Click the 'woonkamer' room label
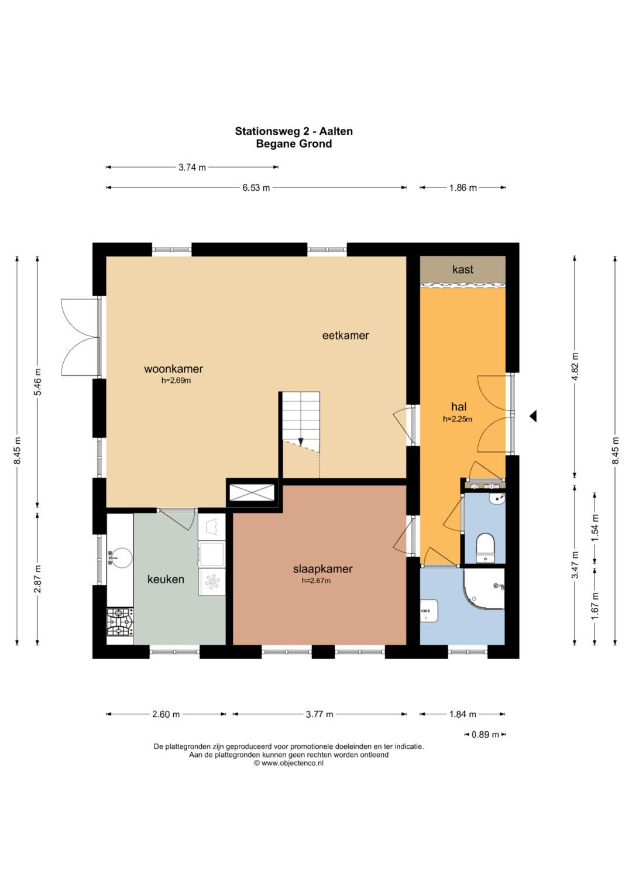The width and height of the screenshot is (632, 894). [174, 369]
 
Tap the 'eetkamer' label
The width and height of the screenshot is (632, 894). [345, 335]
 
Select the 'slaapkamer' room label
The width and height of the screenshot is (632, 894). [323, 568]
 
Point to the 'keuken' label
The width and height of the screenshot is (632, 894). [166, 579]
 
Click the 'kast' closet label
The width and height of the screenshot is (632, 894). [463, 269]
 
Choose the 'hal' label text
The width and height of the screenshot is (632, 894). [459, 407]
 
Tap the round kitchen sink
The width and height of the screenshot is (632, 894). [120, 557]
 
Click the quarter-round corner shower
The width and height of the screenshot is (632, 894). [483, 589]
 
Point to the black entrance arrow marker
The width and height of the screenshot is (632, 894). [533, 416]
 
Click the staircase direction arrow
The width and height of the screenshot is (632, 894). [301, 441]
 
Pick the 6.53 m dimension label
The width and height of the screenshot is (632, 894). [256, 187]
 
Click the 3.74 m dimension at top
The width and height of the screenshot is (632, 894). [192, 167]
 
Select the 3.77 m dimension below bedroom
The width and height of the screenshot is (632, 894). [320, 714]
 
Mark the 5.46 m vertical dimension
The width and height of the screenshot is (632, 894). [38, 382]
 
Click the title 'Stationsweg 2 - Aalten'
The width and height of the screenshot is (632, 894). [294, 131]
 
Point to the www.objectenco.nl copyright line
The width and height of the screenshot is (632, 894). [289, 763]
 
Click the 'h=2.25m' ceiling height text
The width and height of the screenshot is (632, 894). [458, 419]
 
